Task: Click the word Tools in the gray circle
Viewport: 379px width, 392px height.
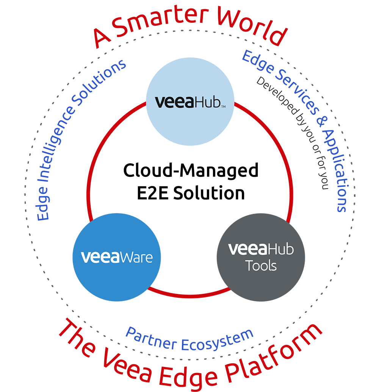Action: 261,265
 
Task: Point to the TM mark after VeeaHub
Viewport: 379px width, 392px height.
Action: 223,107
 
